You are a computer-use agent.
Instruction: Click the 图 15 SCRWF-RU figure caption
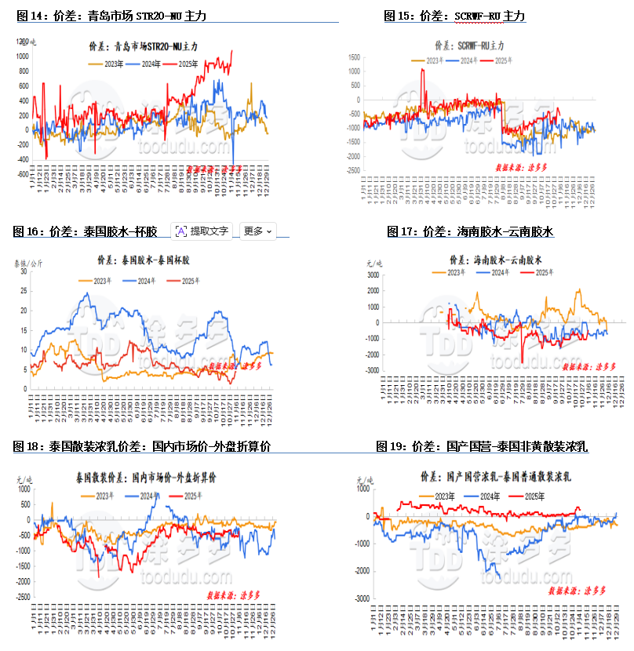(454, 16)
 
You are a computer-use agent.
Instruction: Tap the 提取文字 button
(202, 231)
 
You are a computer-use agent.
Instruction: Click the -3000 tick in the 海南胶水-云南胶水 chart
(373, 370)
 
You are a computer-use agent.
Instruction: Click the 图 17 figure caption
(471, 231)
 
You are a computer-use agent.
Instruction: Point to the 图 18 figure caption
(142, 446)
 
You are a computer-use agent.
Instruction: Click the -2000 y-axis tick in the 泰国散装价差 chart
(21, 581)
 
